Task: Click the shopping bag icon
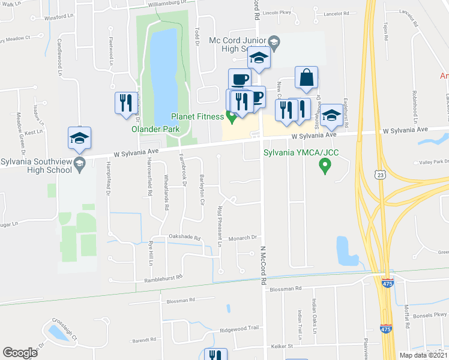tap(306, 78)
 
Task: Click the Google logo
tap(20, 353)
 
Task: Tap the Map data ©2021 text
tap(423, 355)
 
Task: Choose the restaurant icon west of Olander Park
tap(126, 103)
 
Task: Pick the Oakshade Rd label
tap(184, 237)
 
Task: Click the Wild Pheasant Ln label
tap(220, 227)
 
